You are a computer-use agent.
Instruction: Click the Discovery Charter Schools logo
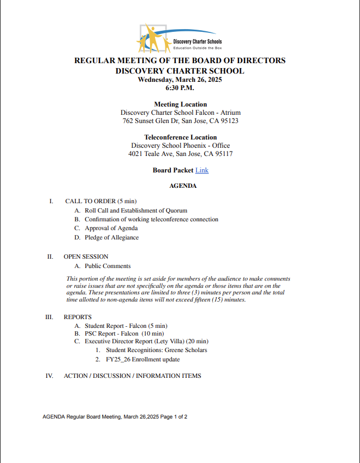pos(180,38)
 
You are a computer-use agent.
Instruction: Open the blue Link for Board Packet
pos(202,170)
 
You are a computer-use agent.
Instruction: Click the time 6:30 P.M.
pos(180,88)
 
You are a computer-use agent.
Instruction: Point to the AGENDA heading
pos(183,186)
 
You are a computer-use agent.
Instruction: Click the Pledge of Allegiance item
pos(112,238)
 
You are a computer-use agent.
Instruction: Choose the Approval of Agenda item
pos(111,228)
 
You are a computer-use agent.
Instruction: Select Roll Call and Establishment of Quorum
pos(136,210)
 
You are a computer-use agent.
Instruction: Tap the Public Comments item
pos(108,266)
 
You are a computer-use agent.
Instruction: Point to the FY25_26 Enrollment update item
pos(143,360)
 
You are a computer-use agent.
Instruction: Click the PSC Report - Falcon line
pos(124,333)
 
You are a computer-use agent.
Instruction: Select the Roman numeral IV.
pos(49,376)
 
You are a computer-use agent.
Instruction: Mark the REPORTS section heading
pos(77,317)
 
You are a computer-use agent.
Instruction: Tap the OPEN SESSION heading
pos(86,256)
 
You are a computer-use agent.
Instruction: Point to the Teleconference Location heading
pos(180,137)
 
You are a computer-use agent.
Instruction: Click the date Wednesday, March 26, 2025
pos(180,80)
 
